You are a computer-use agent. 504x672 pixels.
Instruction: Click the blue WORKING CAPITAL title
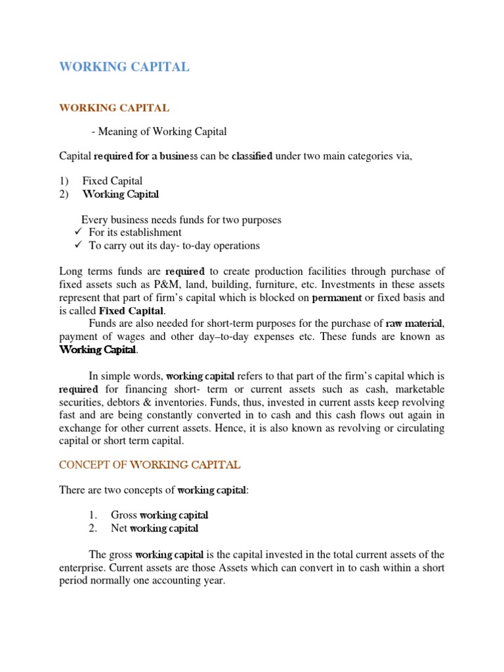click(x=124, y=67)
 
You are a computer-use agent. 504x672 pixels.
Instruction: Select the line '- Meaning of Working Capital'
click(x=159, y=132)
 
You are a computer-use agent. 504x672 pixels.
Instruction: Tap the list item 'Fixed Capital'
click(x=112, y=181)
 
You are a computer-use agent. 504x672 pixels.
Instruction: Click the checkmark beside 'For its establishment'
click(x=77, y=232)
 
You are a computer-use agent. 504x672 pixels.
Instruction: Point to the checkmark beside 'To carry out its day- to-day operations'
click(x=77, y=245)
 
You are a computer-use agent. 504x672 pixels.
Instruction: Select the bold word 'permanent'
click(x=337, y=297)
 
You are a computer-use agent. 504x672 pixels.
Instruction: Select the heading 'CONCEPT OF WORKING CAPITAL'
click(x=150, y=465)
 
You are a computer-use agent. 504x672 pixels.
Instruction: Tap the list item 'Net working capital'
click(x=154, y=528)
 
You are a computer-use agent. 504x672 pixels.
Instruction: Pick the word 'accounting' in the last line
click(x=176, y=581)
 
